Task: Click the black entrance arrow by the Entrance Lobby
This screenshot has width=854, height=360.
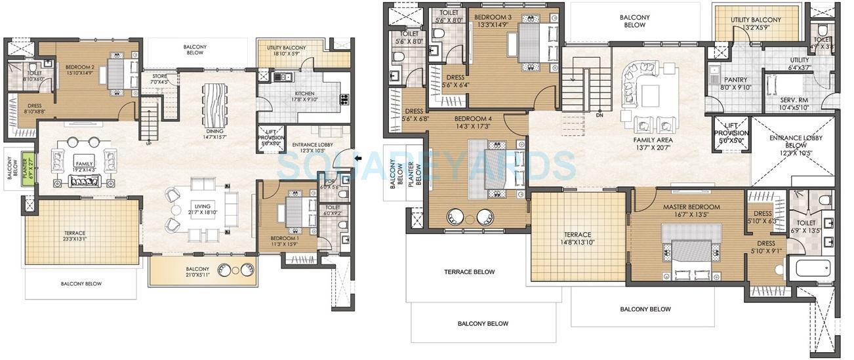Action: click(357, 158)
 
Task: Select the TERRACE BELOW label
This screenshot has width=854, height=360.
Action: click(469, 271)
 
